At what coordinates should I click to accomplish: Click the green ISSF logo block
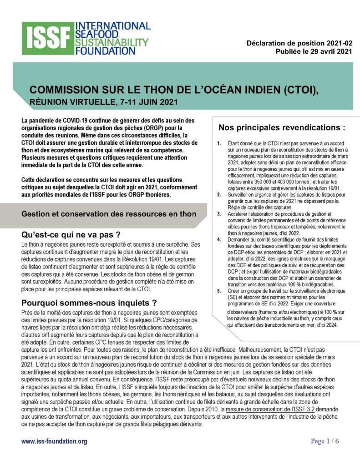tap(47, 38)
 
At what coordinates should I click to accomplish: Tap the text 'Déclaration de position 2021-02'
tap(299, 43)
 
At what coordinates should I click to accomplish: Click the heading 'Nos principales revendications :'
tap(282, 127)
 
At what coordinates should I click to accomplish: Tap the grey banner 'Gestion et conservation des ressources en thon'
tap(109, 214)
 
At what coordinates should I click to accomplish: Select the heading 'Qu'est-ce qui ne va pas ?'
tap(71, 235)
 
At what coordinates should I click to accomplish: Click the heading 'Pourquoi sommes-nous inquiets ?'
tap(89, 303)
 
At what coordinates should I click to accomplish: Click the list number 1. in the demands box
tap(219, 143)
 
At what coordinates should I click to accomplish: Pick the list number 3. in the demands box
tap(219, 213)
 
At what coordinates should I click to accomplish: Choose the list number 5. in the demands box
tap(219, 290)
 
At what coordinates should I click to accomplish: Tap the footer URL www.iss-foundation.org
tap(54, 441)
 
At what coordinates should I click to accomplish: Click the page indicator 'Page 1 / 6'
tap(325, 441)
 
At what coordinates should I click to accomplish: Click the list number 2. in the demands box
tap(219, 194)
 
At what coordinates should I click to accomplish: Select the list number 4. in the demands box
tap(219, 239)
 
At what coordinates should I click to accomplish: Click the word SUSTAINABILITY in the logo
tap(112, 42)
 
